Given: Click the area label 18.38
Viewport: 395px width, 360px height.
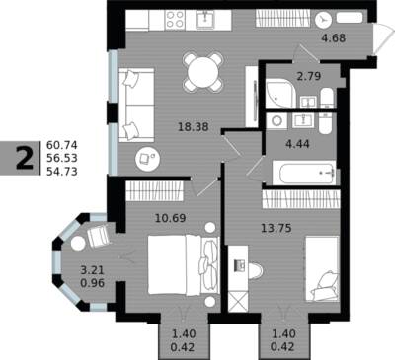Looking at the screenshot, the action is point(193,126).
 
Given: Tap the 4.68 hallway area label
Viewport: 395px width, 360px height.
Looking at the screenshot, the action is point(334,38).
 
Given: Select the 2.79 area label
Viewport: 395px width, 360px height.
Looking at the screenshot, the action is point(309,76).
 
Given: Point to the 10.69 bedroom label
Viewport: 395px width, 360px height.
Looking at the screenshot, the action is point(170,218).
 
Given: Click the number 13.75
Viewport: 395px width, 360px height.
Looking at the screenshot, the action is point(276,228).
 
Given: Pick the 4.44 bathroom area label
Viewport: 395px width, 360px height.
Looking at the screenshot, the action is point(297,144).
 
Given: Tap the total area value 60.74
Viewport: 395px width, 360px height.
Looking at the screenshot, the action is point(62,145).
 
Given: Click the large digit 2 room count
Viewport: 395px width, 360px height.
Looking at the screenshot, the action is point(25,158).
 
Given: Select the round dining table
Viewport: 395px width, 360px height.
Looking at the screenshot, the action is point(204,71).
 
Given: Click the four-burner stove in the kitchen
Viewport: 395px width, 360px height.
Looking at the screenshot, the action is point(175,20).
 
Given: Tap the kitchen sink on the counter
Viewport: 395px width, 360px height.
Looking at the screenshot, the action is point(205,20).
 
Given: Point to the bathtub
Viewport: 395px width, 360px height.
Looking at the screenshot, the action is point(304,173).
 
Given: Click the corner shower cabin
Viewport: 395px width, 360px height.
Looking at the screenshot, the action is point(278,94).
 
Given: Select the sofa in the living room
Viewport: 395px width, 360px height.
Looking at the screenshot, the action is point(136,106).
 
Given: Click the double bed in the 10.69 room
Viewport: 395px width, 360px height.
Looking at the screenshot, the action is point(184,264).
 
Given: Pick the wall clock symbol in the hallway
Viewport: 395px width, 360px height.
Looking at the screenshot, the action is point(323,20).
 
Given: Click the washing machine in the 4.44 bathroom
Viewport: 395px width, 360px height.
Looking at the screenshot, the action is point(276,121).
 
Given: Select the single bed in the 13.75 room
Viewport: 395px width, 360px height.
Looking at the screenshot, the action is point(322,268).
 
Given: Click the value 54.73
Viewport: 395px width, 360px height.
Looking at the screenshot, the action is point(62,171).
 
